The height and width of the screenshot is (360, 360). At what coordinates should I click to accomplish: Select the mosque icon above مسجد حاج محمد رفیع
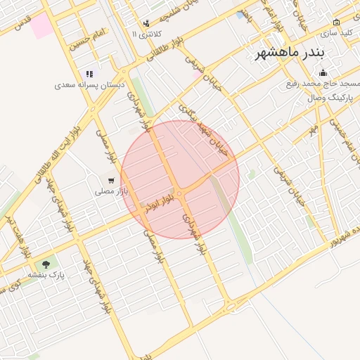pos(323,72)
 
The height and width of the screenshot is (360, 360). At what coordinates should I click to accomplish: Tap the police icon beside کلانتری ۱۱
pos(146,23)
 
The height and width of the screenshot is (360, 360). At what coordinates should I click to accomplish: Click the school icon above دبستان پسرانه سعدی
pos(89,73)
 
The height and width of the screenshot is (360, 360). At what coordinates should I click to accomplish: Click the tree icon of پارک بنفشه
pos(46,264)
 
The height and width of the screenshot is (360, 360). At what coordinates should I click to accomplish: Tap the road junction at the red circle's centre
pos(180,191)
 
